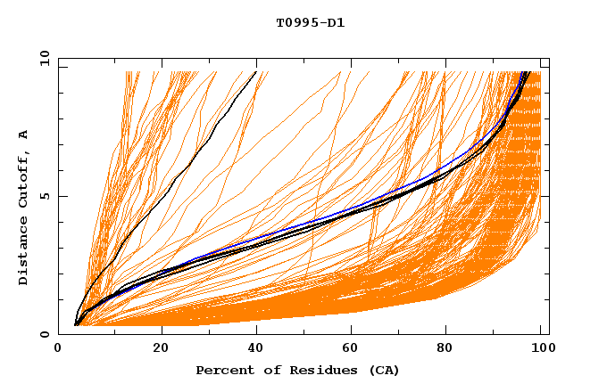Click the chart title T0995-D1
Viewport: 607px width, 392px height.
tap(310, 22)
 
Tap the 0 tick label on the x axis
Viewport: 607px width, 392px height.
tap(58, 349)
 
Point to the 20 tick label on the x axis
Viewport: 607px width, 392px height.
tap(161, 349)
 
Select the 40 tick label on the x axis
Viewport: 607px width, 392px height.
tap(257, 349)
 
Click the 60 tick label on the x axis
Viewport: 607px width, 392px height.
tap(354, 349)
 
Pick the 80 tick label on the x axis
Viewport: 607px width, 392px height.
tap(451, 349)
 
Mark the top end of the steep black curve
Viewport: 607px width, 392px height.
tap(256, 72)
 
